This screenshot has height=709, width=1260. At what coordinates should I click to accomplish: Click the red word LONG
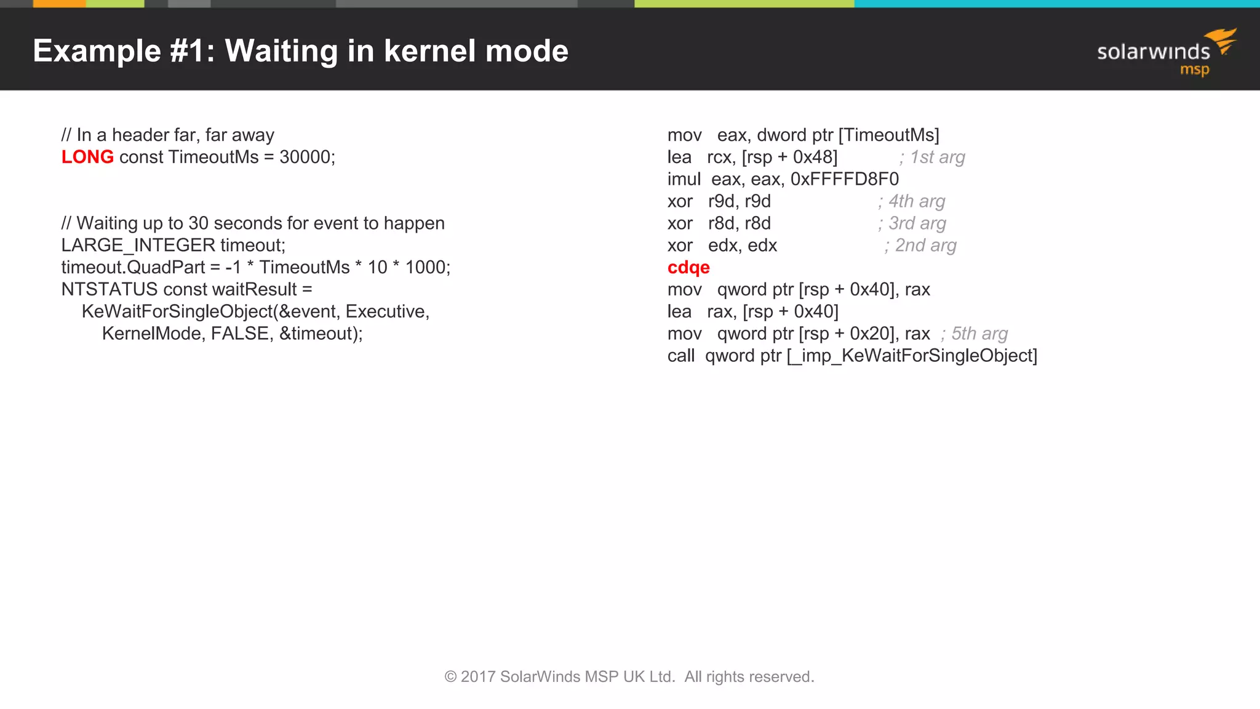coord(87,157)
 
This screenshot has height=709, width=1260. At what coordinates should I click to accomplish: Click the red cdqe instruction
coord(688,268)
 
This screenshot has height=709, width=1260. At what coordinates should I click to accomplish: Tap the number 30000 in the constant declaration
coord(305,157)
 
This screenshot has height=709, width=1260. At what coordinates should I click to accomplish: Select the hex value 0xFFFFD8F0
coord(845,179)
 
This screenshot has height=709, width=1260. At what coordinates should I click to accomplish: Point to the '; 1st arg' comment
coord(933,158)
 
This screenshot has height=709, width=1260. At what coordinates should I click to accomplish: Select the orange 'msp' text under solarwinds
coord(1194,70)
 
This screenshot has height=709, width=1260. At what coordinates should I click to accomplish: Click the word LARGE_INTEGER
coord(138,245)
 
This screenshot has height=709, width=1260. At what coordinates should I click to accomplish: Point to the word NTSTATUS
coord(110,289)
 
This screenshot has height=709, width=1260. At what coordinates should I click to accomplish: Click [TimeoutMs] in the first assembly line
coord(889,135)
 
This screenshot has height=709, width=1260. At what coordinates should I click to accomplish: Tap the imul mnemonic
coord(684,179)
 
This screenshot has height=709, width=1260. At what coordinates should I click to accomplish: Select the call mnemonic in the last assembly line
coord(680,356)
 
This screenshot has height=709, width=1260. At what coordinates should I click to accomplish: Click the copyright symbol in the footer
coord(450,677)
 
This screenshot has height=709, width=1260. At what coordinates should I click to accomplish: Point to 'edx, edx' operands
coord(743,246)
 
